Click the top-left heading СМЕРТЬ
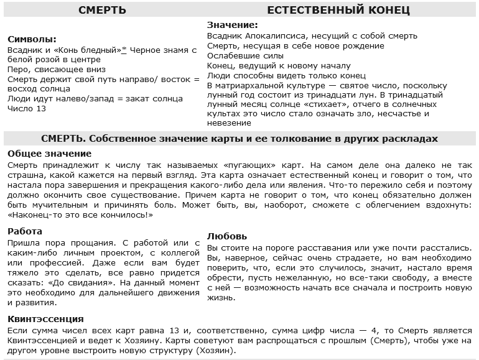(103, 11)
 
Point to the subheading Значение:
(232, 25)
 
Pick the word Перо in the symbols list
(17, 70)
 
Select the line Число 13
(27, 109)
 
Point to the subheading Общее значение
(50, 153)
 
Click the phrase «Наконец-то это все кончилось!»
(81, 215)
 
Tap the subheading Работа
(26, 231)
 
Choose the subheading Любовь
(227, 236)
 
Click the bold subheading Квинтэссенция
(46, 319)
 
